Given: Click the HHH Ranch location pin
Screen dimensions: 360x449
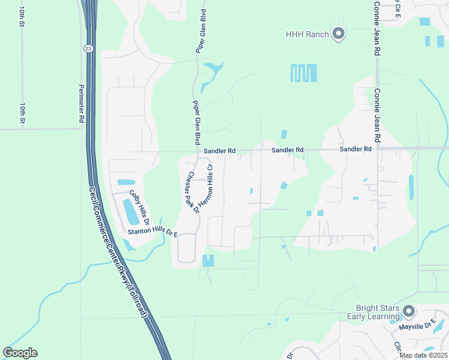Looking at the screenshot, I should [338, 34].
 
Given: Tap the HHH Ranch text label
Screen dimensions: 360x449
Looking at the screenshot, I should [307, 34].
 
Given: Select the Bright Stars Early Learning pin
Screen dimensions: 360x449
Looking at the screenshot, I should [409, 311].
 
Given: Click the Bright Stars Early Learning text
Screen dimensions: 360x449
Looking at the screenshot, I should [373, 312].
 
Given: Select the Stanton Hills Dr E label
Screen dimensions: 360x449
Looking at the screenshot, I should [152, 232].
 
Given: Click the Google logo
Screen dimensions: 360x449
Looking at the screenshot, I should [20, 353].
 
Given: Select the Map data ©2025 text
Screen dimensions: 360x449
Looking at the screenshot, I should [423, 355].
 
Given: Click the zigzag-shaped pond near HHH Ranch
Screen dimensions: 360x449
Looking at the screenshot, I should [303, 73].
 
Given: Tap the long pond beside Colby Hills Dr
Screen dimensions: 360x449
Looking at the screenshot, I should [130, 211].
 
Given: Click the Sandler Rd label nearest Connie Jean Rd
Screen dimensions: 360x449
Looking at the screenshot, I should [356, 149].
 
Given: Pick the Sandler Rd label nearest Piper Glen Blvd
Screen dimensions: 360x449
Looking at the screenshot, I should [219, 151].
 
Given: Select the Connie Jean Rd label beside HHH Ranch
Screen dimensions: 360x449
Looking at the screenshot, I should [377, 28].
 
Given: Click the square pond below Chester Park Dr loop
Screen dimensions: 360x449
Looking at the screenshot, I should [208, 261].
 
